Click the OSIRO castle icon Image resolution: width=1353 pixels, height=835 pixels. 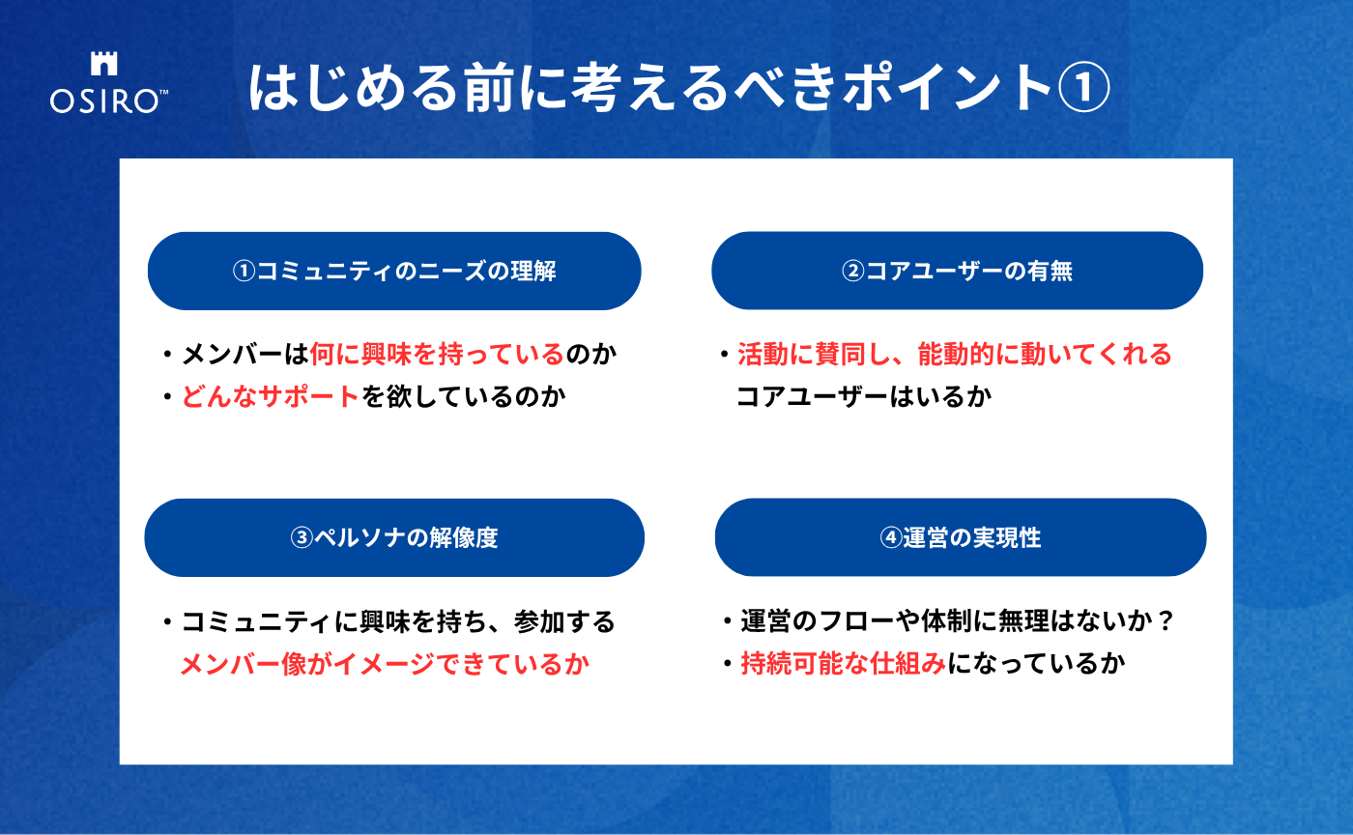click(x=104, y=64)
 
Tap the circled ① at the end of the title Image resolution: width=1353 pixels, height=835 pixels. click(x=1083, y=88)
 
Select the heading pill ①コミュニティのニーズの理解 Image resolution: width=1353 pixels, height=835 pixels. click(x=394, y=271)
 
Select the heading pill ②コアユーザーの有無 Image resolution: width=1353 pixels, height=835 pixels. click(x=958, y=271)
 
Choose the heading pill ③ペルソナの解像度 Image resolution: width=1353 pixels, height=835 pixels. click(x=394, y=537)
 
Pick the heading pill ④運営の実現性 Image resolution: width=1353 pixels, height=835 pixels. click(x=961, y=537)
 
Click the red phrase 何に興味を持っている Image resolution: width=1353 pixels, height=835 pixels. click(x=437, y=354)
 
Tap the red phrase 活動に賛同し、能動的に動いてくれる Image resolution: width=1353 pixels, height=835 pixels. click(x=955, y=354)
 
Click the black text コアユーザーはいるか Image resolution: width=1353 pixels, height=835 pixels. click(x=864, y=397)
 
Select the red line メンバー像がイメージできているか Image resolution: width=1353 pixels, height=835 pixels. click(x=386, y=664)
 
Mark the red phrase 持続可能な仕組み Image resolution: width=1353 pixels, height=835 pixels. click(x=843, y=663)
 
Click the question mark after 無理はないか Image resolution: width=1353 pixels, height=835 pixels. click(x=1166, y=621)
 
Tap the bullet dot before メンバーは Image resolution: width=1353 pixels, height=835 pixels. click(x=167, y=354)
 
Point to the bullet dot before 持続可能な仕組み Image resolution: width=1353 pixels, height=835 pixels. click(x=727, y=664)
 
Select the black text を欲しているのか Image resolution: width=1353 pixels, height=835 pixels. click(x=464, y=397)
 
